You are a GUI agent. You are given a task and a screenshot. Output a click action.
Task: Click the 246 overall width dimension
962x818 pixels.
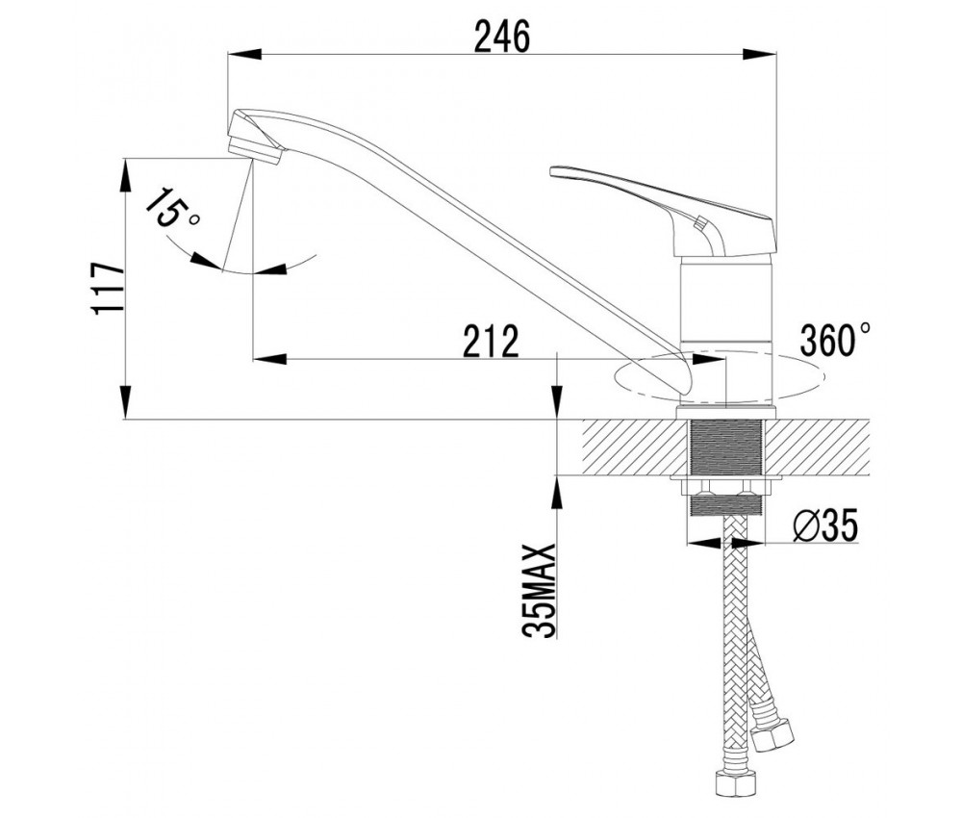click(502, 38)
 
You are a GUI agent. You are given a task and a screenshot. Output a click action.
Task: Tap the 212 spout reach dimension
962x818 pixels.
click(491, 342)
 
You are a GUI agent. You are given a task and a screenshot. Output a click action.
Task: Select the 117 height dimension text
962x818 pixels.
click(108, 290)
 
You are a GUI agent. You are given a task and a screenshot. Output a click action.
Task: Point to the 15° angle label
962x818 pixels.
click(172, 209)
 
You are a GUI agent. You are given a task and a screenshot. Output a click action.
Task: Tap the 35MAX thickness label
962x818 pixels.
click(539, 591)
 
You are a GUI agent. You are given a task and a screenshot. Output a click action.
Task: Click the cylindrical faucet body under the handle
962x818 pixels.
click(726, 331)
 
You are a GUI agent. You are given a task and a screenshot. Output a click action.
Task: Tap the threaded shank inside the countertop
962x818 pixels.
click(726, 447)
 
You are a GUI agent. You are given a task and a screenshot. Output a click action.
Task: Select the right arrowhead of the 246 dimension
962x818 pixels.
click(760, 54)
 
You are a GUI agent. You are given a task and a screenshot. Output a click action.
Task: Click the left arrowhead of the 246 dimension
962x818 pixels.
click(244, 54)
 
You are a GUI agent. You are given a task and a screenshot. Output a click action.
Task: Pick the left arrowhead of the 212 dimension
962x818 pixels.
click(270, 358)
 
